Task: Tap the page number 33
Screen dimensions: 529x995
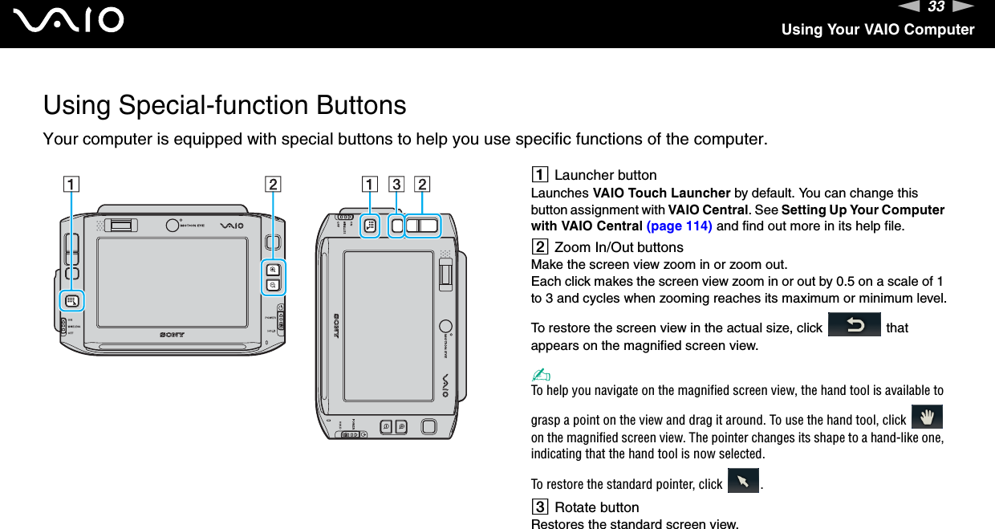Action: pos(936,8)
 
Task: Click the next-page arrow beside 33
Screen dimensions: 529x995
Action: pos(963,8)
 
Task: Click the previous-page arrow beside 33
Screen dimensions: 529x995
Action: pos(909,8)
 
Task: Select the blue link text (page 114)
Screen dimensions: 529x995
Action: pos(679,226)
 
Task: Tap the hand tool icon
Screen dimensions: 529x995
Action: pos(928,418)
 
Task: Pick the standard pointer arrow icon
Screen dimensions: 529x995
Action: pos(742,482)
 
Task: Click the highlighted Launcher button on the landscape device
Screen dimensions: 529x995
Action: pos(72,302)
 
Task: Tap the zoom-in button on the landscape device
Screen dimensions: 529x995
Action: pos(274,270)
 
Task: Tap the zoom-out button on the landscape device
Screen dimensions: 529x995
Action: pos(274,285)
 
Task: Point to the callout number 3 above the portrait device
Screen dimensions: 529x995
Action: pos(396,184)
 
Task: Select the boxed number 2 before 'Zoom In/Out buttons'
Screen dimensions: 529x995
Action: pos(539,247)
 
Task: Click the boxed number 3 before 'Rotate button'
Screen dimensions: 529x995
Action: pos(539,507)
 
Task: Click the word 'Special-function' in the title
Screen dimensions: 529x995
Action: pos(216,105)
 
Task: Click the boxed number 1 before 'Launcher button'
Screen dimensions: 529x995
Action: pos(539,175)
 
